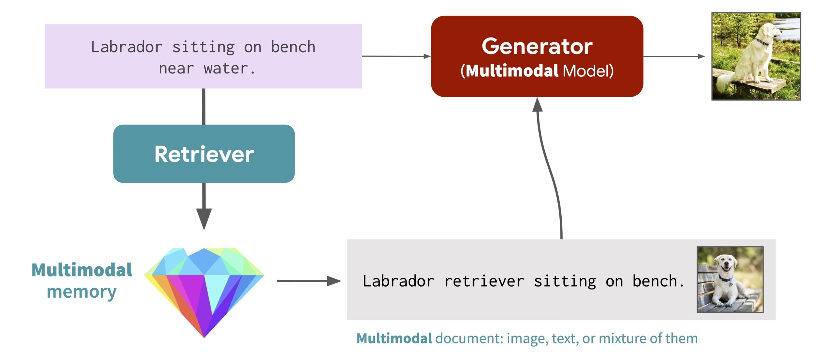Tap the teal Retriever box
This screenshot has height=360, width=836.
click(204, 153)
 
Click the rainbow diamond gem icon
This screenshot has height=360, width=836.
click(204, 292)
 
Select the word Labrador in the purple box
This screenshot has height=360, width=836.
click(127, 47)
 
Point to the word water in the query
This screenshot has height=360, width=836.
click(226, 69)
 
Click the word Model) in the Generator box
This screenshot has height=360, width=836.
click(588, 71)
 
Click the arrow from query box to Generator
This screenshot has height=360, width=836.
click(396, 56)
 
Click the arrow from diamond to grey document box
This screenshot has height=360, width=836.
click(309, 281)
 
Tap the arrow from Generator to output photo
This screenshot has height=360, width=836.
click(674, 56)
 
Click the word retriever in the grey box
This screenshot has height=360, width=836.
click(484, 281)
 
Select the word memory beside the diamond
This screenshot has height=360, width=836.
click(81, 291)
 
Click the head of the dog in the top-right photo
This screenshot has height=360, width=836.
click(771, 29)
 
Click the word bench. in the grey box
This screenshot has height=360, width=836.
click(658, 281)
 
